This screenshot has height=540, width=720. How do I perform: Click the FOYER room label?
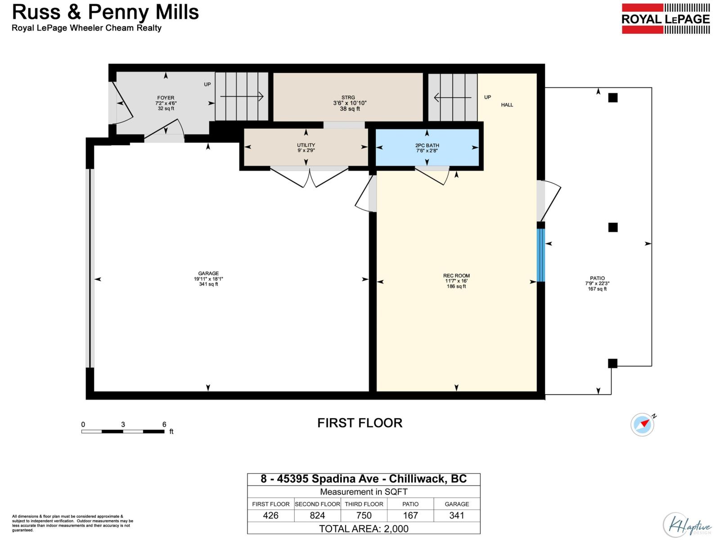click(x=166, y=98)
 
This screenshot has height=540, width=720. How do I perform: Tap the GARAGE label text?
click(x=208, y=273)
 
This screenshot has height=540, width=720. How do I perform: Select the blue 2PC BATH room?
click(x=427, y=148)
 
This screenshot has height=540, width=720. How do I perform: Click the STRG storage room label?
click(x=348, y=97)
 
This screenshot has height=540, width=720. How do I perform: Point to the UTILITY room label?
click(x=306, y=145)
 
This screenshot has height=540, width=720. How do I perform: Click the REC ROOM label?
click(x=456, y=276)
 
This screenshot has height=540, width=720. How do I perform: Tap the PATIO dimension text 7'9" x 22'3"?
click(x=597, y=283)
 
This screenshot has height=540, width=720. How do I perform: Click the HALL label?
click(x=507, y=105)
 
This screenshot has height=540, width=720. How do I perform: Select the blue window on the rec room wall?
click(x=541, y=255)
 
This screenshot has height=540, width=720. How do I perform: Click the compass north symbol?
click(x=642, y=424)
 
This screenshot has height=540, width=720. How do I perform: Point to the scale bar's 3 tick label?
click(x=123, y=424)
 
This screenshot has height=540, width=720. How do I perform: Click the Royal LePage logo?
click(x=666, y=19)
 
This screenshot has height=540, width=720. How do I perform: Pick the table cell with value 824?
click(x=317, y=515)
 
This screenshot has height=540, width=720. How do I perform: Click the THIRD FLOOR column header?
click(x=364, y=504)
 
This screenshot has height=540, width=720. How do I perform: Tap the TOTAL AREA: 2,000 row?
click(x=364, y=528)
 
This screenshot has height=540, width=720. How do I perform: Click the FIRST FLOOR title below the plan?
click(x=360, y=423)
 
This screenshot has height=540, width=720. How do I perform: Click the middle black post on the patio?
click(x=613, y=227)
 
